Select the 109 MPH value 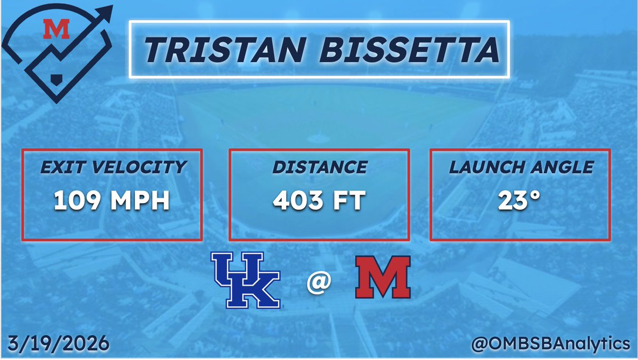[111, 202]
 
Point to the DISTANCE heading [319, 167]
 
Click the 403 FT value [319, 202]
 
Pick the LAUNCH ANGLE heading [521, 167]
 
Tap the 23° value [521, 202]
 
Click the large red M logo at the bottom [382, 277]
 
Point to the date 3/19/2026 [58, 343]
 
